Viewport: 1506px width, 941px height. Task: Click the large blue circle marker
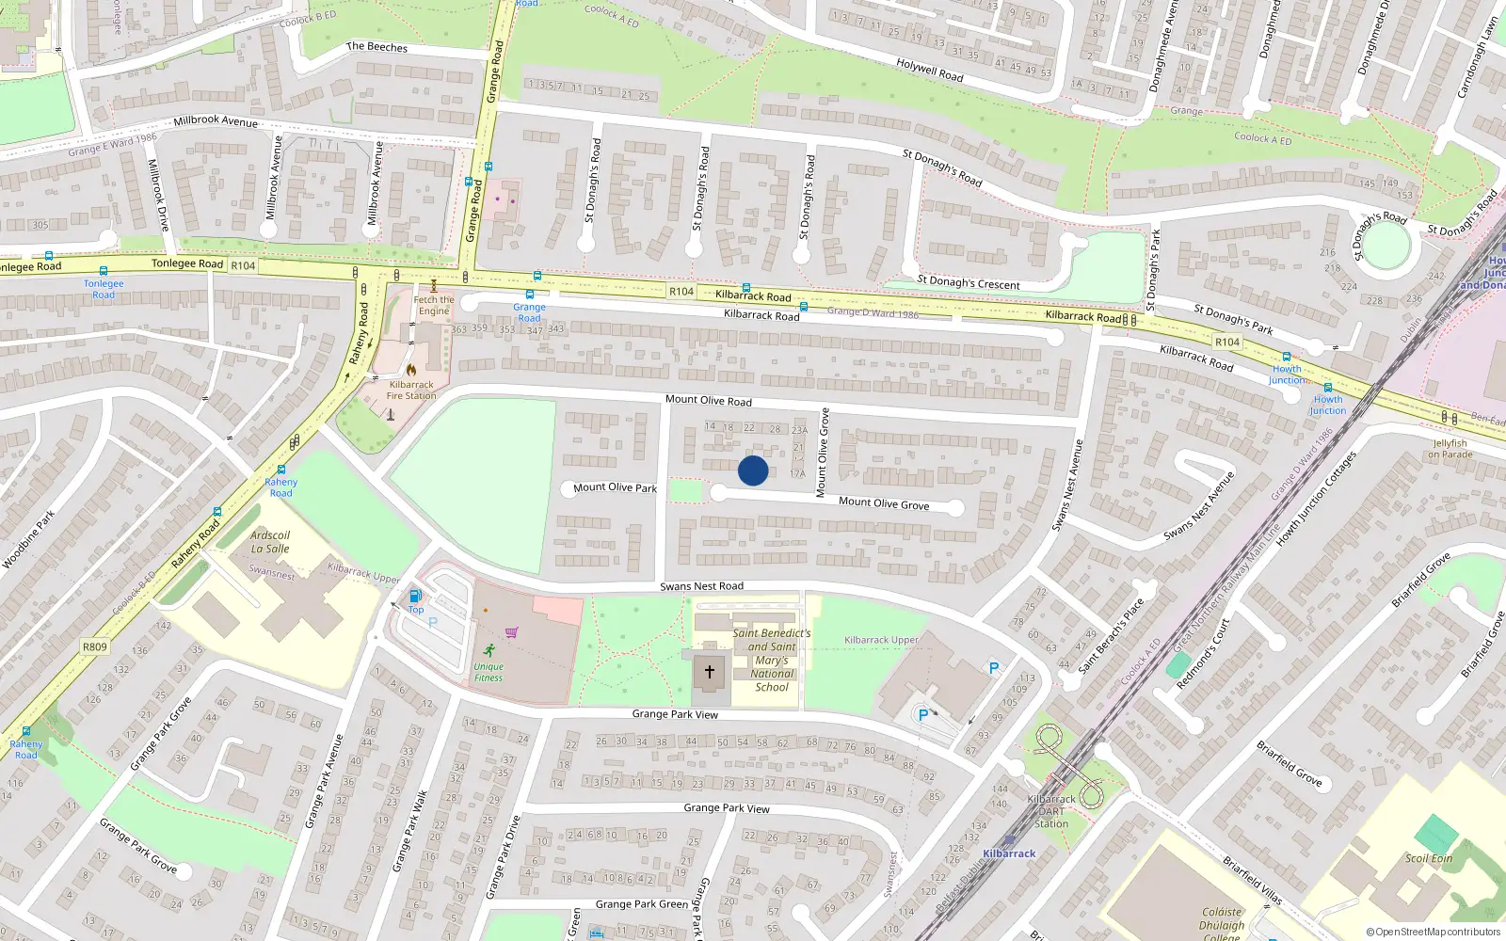[x=753, y=470]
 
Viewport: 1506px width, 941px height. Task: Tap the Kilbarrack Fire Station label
[x=411, y=390]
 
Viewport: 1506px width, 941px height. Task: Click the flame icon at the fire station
[x=411, y=370]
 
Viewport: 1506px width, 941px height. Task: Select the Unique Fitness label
[x=489, y=672]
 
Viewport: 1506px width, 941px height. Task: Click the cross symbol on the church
[x=710, y=672]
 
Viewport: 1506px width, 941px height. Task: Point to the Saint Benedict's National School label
[x=772, y=660]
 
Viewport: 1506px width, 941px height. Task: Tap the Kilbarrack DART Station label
[x=1051, y=811]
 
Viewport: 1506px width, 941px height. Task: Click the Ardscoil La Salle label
[x=270, y=542]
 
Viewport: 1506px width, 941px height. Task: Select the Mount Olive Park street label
[x=615, y=487]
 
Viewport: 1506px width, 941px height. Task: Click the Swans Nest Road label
[x=701, y=586]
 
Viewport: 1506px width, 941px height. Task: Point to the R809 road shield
[x=95, y=646]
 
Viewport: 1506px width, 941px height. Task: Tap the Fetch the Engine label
[x=434, y=305]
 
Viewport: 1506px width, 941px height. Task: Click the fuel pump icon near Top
[x=415, y=596]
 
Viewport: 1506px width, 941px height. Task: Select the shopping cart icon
[x=511, y=632]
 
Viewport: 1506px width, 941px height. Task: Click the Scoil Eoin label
[x=1429, y=858]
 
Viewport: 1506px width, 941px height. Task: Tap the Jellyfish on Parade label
[x=1450, y=449]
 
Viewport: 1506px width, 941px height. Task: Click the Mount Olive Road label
[x=708, y=400]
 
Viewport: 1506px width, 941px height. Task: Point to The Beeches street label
[x=376, y=46]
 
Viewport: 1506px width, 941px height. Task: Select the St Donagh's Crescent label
[x=968, y=282]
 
